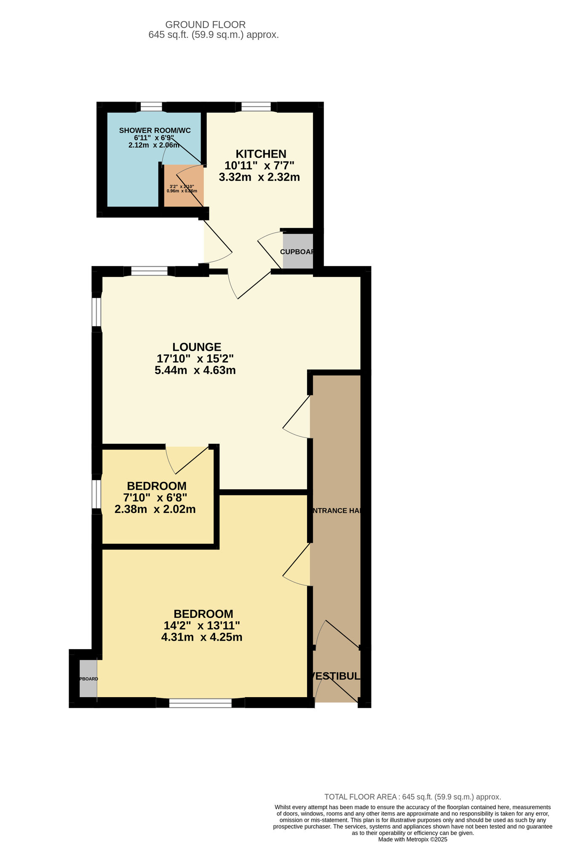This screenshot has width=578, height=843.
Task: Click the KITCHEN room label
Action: coord(261,154)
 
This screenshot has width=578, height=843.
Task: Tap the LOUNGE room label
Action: coord(197,347)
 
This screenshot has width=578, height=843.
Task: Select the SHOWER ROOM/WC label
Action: coord(155,130)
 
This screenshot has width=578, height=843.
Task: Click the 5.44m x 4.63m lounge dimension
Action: coord(195,370)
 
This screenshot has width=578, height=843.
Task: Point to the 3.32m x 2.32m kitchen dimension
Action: coord(259,177)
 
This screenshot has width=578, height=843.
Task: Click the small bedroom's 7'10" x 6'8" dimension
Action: coord(155,497)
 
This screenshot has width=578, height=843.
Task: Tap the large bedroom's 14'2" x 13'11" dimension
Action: coord(202,626)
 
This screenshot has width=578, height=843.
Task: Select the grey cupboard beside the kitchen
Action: coord(298,251)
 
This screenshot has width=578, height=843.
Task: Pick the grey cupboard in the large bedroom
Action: coord(88,679)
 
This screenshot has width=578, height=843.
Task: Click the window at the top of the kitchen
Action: coord(256,107)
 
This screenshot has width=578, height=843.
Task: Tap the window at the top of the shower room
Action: coord(151,107)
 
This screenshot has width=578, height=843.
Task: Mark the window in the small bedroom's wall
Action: coord(97,494)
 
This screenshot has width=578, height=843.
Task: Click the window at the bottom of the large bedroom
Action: coord(200,703)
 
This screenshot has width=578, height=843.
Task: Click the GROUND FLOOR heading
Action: coord(205,25)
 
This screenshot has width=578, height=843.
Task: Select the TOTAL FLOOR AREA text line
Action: coord(412,797)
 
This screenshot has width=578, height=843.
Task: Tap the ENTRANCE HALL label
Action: coord(336,510)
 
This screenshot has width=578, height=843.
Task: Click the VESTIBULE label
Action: coord(336,676)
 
